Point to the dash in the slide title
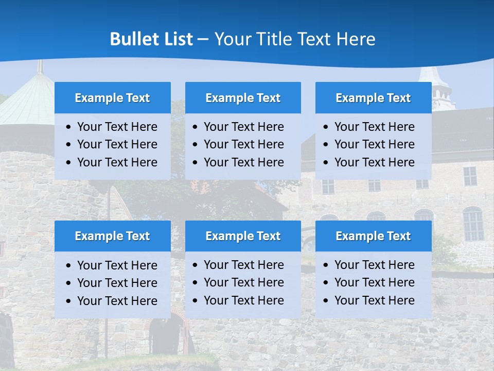(x=203, y=40)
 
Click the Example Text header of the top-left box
(x=112, y=98)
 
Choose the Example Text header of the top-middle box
(x=243, y=98)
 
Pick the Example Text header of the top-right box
(x=373, y=98)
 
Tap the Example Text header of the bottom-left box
(x=112, y=236)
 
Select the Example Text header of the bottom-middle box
(x=243, y=236)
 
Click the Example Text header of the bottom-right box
(x=373, y=236)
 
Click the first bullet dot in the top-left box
(x=69, y=127)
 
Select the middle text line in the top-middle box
(x=243, y=144)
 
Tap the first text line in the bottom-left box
(x=117, y=265)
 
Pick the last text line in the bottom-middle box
(x=243, y=300)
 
